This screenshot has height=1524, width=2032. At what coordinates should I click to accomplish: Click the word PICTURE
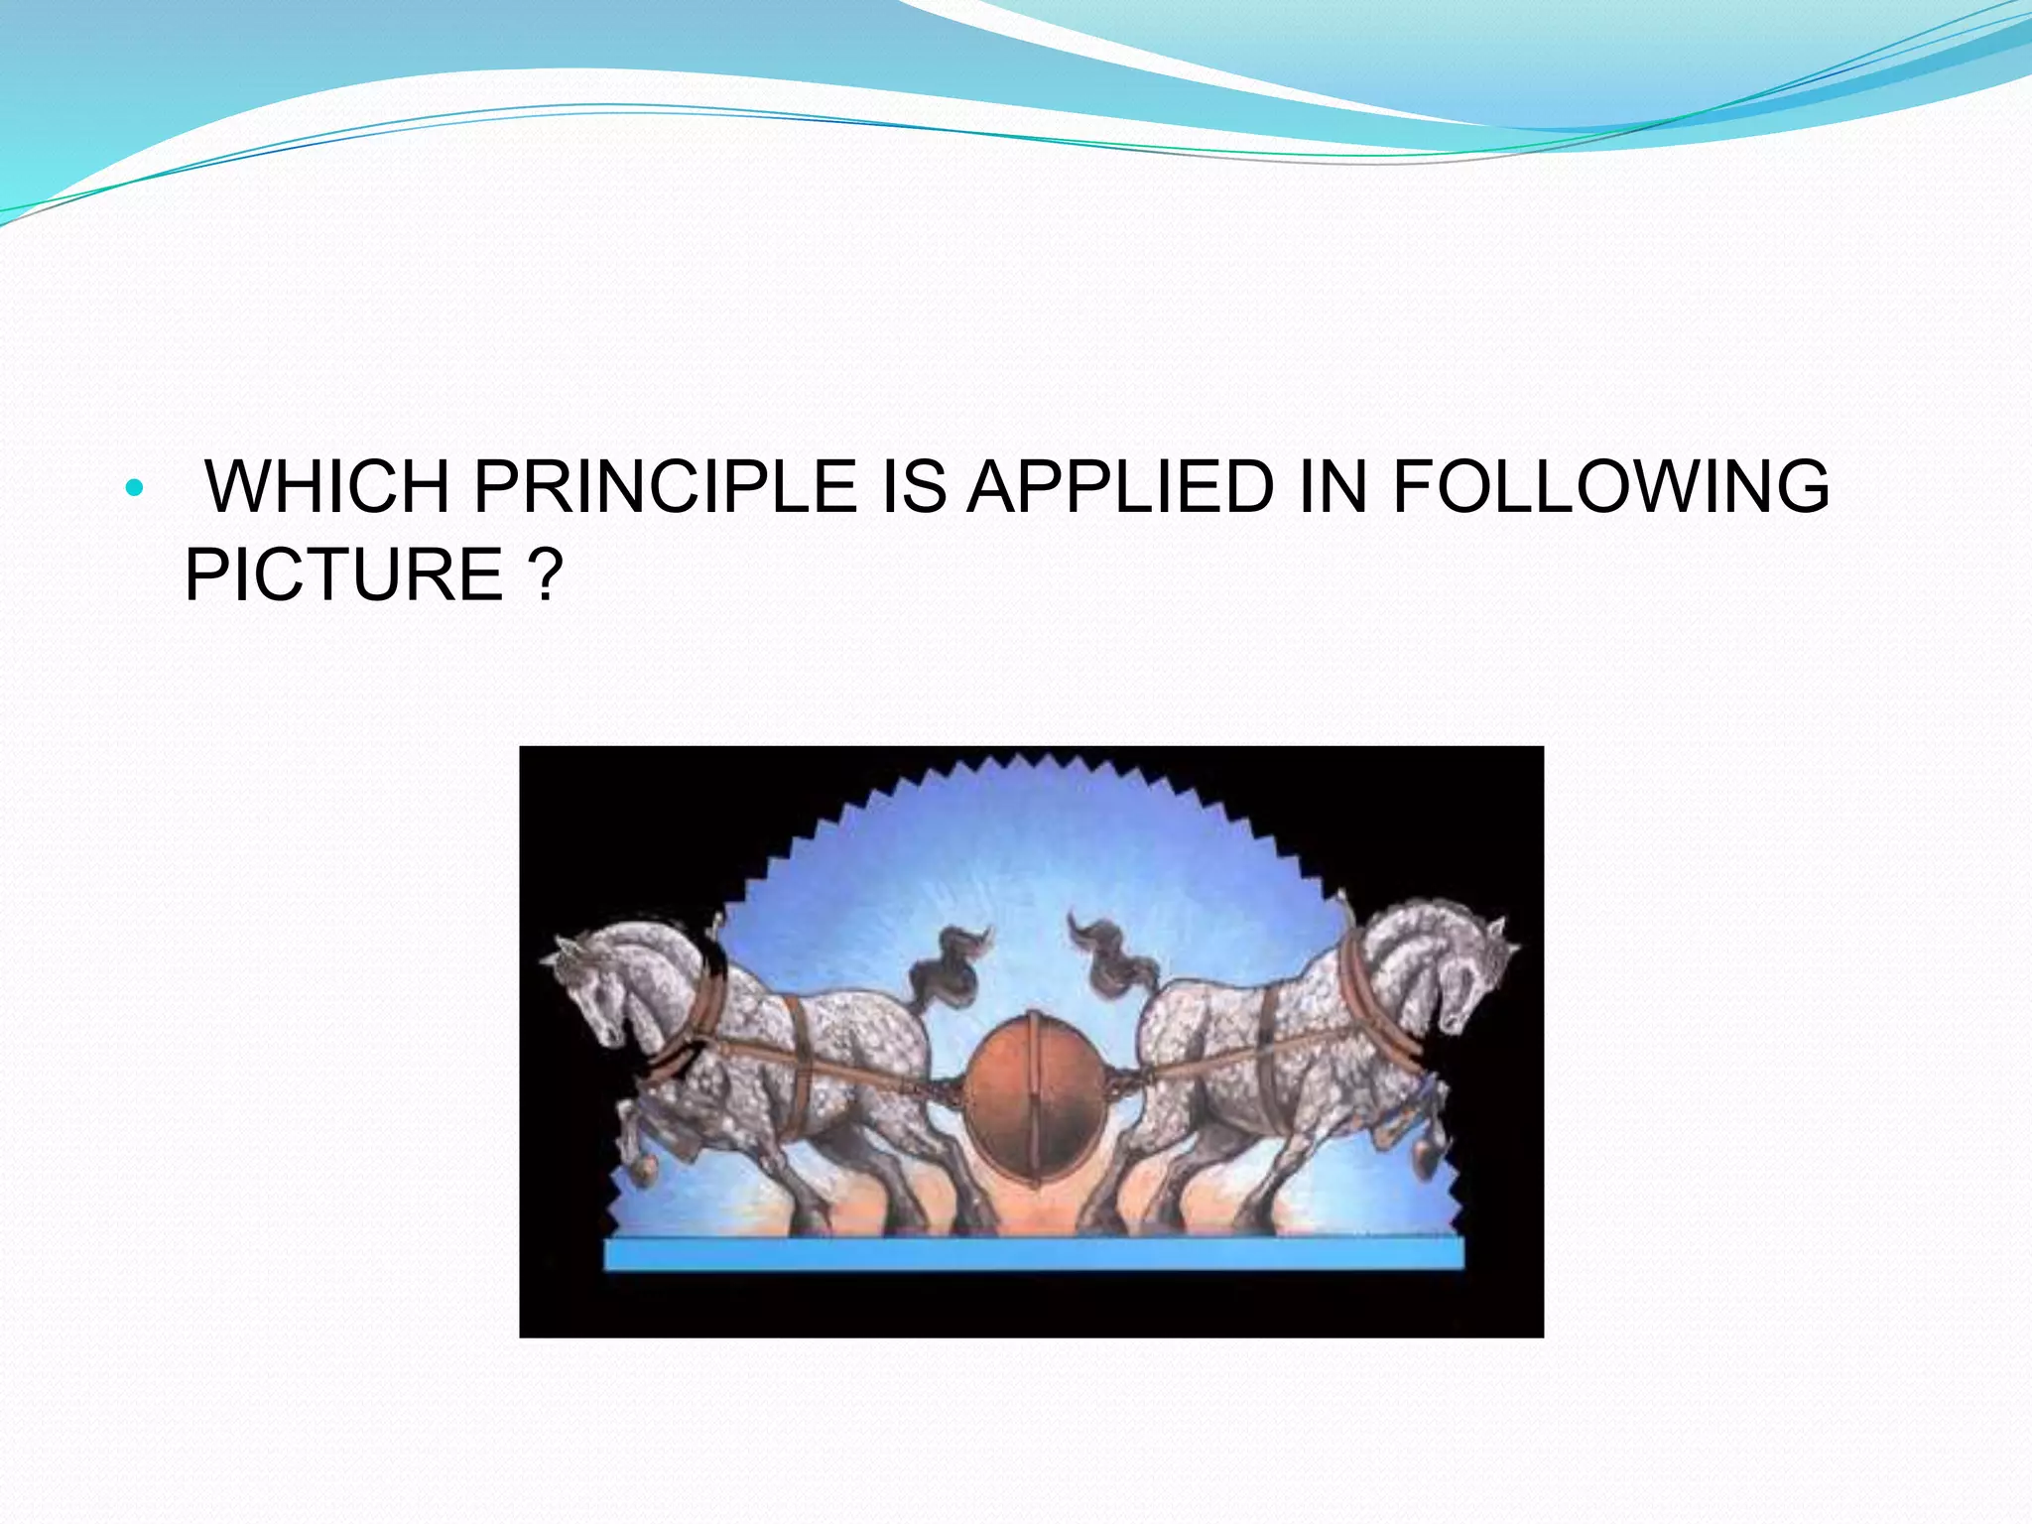[x=344, y=574]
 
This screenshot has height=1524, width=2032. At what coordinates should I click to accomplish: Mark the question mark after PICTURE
[x=545, y=574]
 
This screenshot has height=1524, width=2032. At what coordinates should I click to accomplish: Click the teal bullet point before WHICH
[x=135, y=488]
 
